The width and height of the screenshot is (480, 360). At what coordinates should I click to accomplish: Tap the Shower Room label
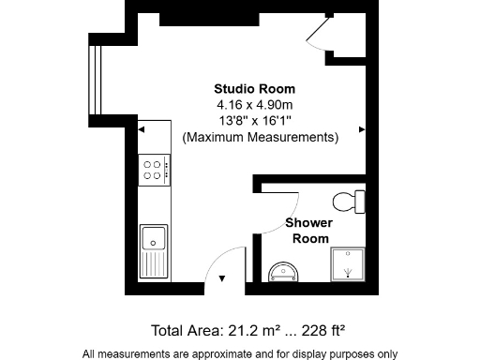[309, 231]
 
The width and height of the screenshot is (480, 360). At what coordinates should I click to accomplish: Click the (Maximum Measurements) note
[260, 137]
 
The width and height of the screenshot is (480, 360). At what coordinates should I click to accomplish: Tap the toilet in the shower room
[351, 201]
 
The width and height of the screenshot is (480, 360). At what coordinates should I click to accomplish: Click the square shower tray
[349, 265]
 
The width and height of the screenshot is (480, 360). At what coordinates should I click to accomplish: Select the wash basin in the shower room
[280, 272]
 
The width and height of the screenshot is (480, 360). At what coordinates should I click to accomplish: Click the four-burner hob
[154, 170]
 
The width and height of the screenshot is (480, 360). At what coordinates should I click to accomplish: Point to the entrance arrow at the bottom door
[222, 278]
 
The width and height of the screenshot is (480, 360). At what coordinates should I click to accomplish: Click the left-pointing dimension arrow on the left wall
[142, 129]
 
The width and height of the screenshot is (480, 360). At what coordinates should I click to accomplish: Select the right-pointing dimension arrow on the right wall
[362, 129]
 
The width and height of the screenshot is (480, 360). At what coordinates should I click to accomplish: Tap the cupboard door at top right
[319, 35]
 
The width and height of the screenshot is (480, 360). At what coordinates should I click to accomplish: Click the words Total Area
[185, 330]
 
